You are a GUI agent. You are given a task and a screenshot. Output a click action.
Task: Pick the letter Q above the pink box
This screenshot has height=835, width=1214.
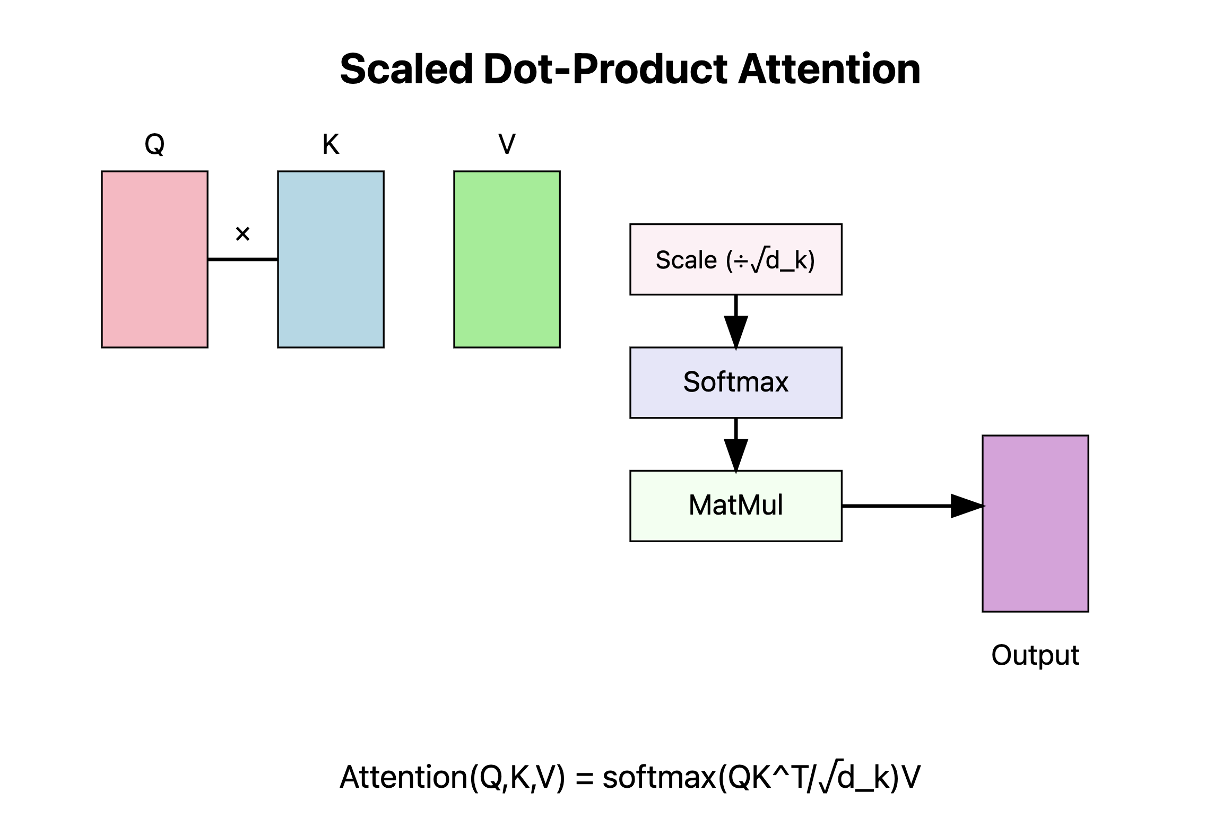(154, 144)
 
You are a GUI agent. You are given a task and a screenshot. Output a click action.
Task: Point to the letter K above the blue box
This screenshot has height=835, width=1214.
(331, 144)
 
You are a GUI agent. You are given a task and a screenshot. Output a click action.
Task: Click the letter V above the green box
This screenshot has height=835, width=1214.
(507, 144)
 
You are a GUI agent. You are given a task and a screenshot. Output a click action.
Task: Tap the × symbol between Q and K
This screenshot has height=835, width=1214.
(242, 234)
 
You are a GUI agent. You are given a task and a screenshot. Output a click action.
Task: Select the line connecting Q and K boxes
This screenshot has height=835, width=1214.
(242, 259)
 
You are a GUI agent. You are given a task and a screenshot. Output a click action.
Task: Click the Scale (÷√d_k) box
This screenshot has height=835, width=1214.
(735, 259)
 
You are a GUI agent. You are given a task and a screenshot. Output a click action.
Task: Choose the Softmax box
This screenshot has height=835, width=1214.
(735, 382)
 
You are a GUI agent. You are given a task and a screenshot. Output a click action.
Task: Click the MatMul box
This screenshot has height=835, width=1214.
(735, 506)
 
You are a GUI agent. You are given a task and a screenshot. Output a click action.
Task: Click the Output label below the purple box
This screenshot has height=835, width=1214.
(1035, 655)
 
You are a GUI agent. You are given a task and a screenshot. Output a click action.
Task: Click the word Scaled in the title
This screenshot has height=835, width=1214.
(406, 69)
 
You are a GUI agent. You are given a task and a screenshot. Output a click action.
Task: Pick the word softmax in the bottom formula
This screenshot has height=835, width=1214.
(660, 778)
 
